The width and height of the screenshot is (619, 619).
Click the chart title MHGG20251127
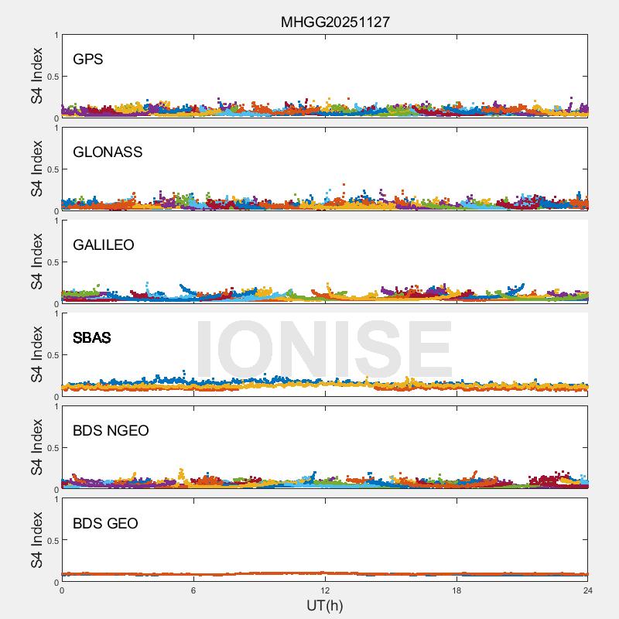tap(335, 22)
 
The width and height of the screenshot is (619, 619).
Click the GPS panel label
tap(88, 60)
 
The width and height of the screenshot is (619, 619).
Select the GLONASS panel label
tap(108, 152)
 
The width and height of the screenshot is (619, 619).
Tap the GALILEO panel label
tap(104, 245)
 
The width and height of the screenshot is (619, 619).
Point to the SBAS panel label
tap(92, 338)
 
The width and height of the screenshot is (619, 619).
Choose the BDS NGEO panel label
tap(111, 431)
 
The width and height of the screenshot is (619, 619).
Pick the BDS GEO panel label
tap(105, 524)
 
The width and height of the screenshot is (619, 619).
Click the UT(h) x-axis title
tap(325, 605)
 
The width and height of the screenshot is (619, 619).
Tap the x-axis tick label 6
tap(193, 590)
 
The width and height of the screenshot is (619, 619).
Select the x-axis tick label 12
tap(325, 590)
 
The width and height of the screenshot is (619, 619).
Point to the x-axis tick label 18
tap(457, 590)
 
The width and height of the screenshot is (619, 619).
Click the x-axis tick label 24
tap(588, 590)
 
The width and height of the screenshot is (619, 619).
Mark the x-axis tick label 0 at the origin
tap(62, 590)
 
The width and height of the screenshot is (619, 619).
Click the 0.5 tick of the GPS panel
tap(51, 77)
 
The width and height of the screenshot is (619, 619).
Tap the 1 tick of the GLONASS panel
tap(56, 128)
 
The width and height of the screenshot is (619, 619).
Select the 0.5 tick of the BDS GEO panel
tap(51, 541)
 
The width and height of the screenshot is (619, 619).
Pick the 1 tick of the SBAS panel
tap(56, 313)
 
